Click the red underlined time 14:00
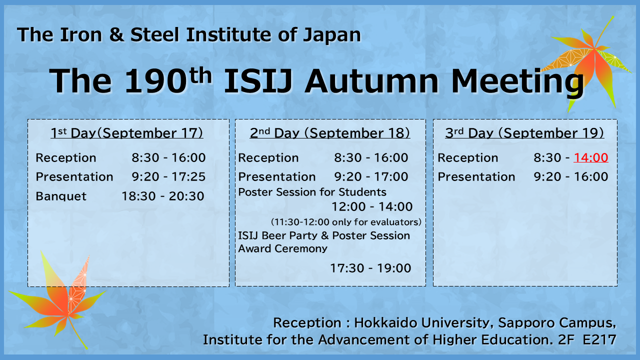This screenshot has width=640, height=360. click(591, 157)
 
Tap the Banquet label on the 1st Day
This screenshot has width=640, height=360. click(61, 196)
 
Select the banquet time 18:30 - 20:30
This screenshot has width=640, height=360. click(163, 196)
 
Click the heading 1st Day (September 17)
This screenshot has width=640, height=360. click(127, 133)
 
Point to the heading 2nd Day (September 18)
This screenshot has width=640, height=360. click(330, 133)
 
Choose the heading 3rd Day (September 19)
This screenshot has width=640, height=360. click(524, 133)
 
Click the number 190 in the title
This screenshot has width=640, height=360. click(156, 81)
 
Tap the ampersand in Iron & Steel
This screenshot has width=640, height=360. click(116, 35)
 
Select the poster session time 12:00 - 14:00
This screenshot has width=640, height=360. click(372, 207)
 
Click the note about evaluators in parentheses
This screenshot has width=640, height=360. click(346, 222)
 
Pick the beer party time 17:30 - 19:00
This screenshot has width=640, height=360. click(370, 268)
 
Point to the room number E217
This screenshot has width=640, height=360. click(599, 340)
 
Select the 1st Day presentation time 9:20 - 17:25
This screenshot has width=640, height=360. click(168, 177)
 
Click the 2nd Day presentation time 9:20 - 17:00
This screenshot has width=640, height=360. click(371, 177)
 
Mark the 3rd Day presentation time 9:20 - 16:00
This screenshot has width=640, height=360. click(571, 177)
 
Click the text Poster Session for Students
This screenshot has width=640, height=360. click(312, 192)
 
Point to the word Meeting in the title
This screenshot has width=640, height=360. click(517, 82)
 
